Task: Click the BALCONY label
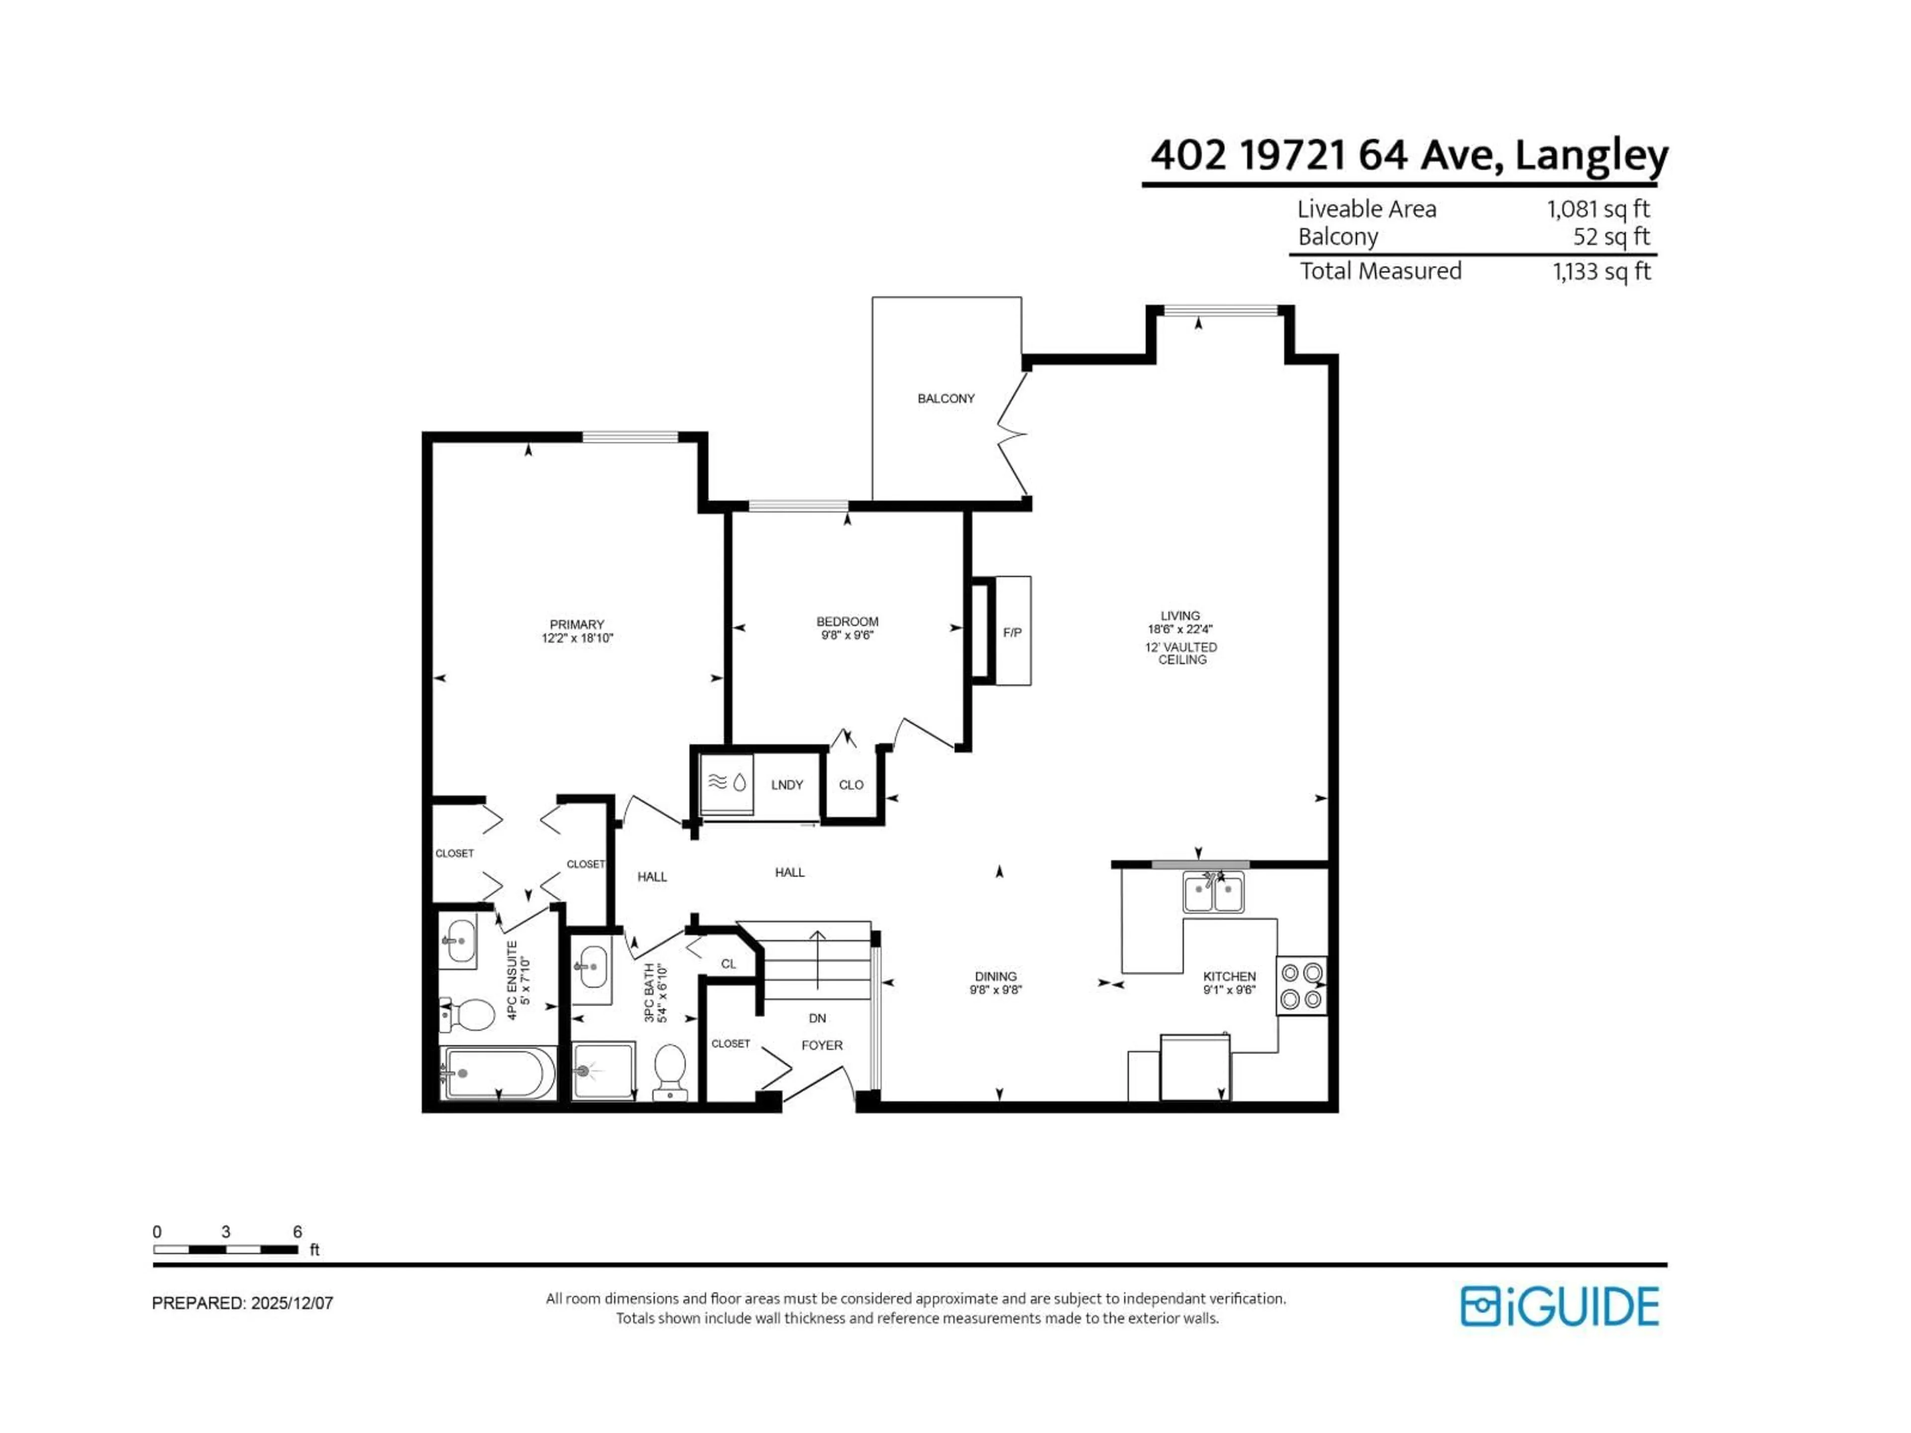[x=946, y=398]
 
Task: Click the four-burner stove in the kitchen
[x=1301, y=986]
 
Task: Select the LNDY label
[x=787, y=784]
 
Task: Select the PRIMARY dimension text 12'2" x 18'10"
[x=577, y=638]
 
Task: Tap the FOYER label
[x=822, y=1045]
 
